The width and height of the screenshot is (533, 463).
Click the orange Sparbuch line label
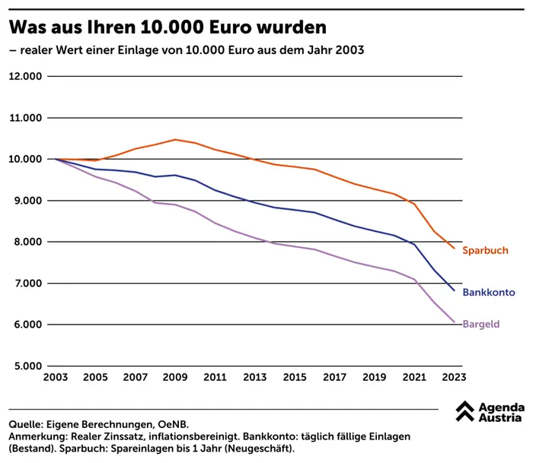(485, 250)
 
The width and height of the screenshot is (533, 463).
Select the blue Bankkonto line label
(489, 293)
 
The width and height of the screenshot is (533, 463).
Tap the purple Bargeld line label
(481, 324)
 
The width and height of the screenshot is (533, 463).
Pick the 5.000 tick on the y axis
(27, 366)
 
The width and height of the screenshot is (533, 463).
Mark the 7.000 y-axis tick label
(27, 283)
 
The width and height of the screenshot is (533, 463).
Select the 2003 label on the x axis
(55, 377)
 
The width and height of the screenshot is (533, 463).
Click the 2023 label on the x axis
(455, 377)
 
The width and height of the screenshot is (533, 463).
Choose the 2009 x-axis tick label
(175, 377)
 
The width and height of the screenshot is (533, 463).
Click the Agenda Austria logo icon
(465, 411)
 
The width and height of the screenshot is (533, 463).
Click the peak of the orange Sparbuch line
(175, 139)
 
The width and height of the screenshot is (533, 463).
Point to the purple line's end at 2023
(455, 322)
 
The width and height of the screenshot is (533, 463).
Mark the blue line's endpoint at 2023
(455, 290)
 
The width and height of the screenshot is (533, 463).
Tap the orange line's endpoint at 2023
(455, 249)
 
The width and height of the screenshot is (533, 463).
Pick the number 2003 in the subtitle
(347, 51)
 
